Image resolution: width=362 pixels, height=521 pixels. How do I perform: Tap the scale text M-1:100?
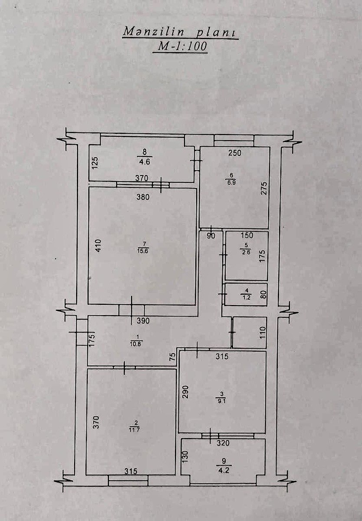pos(182,46)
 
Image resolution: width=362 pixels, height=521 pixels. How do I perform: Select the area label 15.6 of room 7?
pos(145,251)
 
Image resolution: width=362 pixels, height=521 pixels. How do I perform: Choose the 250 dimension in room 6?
pos(234,153)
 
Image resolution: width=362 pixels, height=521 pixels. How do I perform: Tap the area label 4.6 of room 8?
pos(145,162)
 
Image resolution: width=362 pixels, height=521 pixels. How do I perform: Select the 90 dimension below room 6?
pos(211,236)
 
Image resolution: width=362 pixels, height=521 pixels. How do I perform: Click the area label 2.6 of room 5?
pos(246,252)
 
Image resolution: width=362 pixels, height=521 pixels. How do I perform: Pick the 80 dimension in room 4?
pos(264,295)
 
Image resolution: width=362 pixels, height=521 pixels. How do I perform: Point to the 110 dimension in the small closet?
pos(263,333)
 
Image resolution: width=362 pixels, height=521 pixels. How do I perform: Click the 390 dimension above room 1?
pos(143,321)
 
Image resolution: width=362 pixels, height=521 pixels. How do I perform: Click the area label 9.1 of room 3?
pos(221,401)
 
